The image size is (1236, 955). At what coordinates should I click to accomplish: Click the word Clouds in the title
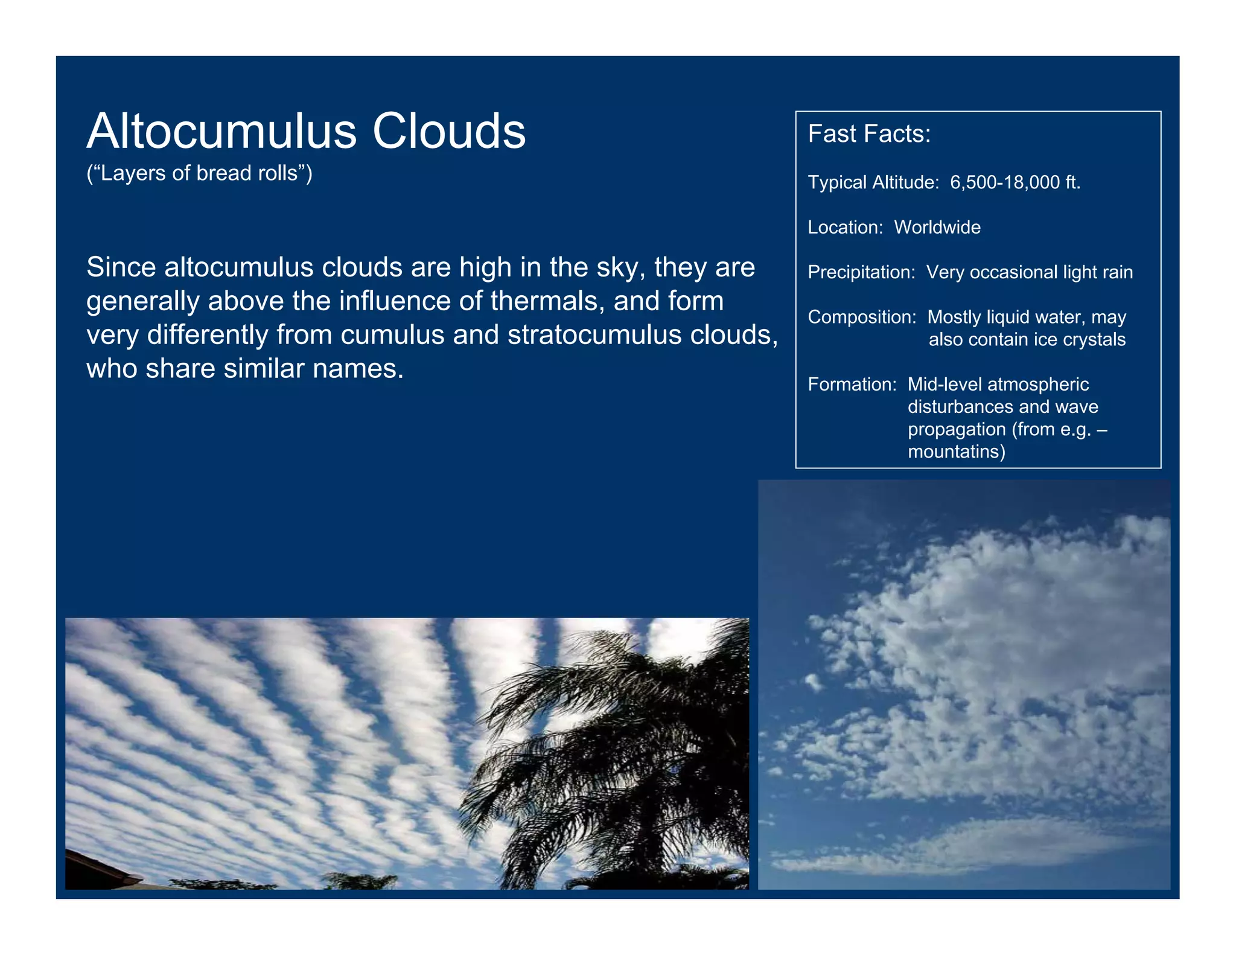[x=449, y=131]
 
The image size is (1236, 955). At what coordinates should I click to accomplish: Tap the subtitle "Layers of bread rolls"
[x=199, y=173]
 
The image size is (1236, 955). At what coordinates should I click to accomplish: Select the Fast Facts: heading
[x=869, y=134]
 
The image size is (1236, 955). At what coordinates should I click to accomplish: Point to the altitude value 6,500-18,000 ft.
[x=1015, y=182]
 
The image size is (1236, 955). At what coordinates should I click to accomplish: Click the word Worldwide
[x=937, y=228]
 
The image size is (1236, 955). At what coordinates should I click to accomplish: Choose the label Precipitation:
[x=862, y=272]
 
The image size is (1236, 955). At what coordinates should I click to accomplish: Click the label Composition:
[x=862, y=317]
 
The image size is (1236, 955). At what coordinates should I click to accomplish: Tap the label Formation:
[x=852, y=385]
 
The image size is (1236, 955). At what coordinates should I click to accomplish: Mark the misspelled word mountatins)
[x=957, y=452]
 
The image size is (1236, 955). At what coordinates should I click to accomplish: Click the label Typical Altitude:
[x=873, y=182]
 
